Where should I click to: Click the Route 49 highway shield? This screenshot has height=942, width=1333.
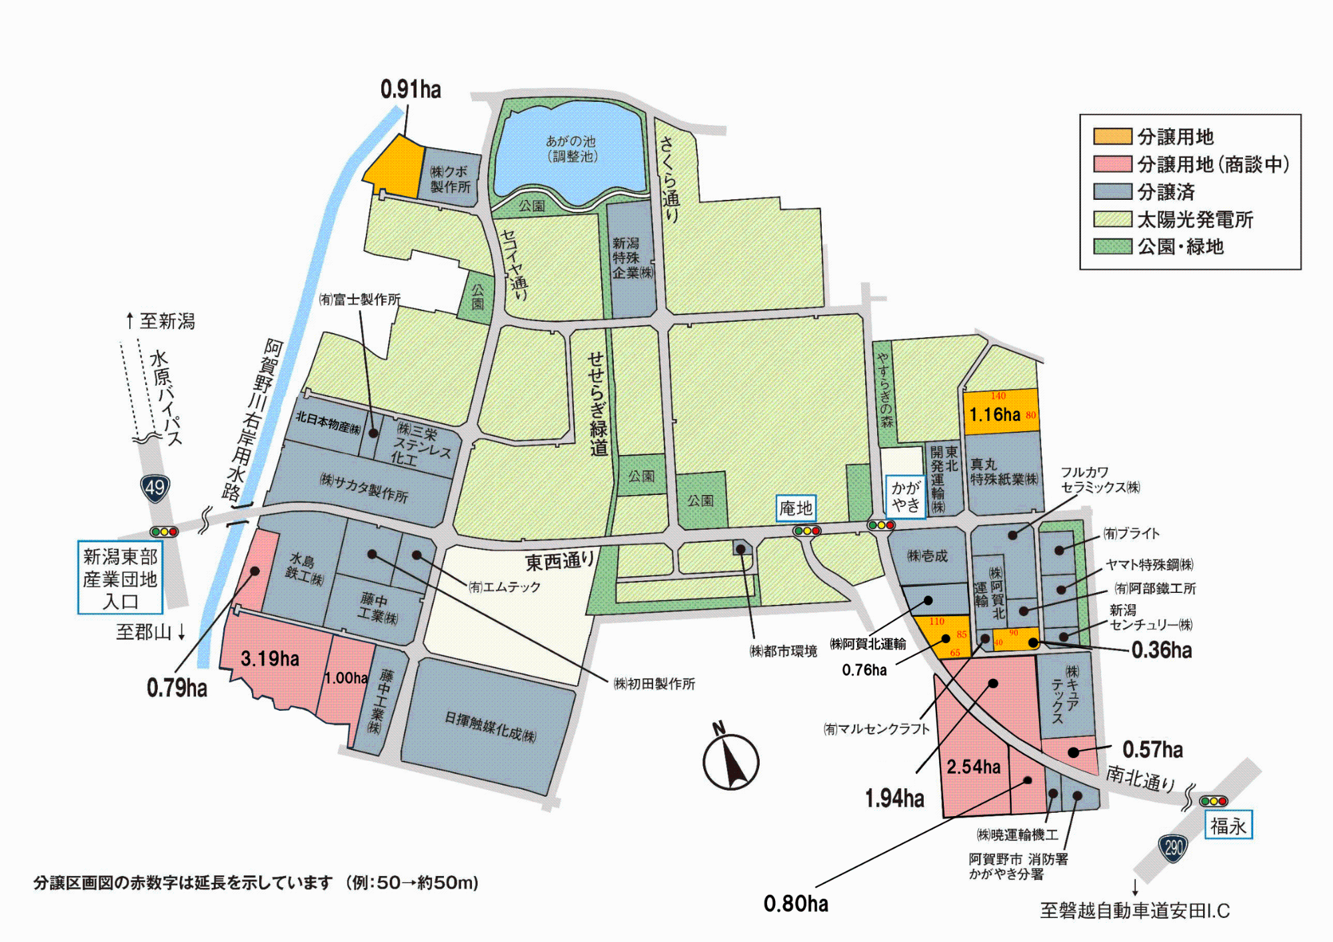[x=155, y=488]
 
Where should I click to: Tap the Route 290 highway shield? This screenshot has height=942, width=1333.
[x=1173, y=847]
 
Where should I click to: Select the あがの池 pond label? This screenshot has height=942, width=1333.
[x=571, y=149]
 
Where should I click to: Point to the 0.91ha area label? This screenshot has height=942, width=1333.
[x=411, y=89]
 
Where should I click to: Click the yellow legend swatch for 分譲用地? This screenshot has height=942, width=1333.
[x=1112, y=137]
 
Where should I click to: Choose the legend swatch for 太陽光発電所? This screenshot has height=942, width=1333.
[x=1112, y=219]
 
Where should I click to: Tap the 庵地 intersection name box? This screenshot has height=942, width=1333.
[x=796, y=508]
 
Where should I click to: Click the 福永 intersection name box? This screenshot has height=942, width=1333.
[x=1228, y=826]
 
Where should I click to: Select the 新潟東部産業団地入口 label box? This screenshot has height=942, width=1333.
[x=120, y=578]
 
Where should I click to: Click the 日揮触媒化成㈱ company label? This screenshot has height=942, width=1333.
[x=490, y=727]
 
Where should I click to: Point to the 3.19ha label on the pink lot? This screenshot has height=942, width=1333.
[x=270, y=659]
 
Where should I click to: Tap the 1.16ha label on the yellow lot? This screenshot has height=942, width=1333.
[x=994, y=415]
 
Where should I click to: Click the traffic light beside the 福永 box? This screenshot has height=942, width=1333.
[x=1213, y=801]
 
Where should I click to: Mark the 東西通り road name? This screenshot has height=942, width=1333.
[x=560, y=561]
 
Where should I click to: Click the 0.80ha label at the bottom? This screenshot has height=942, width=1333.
[x=796, y=904]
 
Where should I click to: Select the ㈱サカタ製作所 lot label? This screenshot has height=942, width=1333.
[x=364, y=488]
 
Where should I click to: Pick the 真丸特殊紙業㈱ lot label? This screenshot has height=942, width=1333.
[x=1004, y=472]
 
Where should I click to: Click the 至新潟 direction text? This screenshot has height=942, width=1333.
[x=161, y=322]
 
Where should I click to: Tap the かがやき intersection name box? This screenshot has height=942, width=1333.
[x=905, y=496]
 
